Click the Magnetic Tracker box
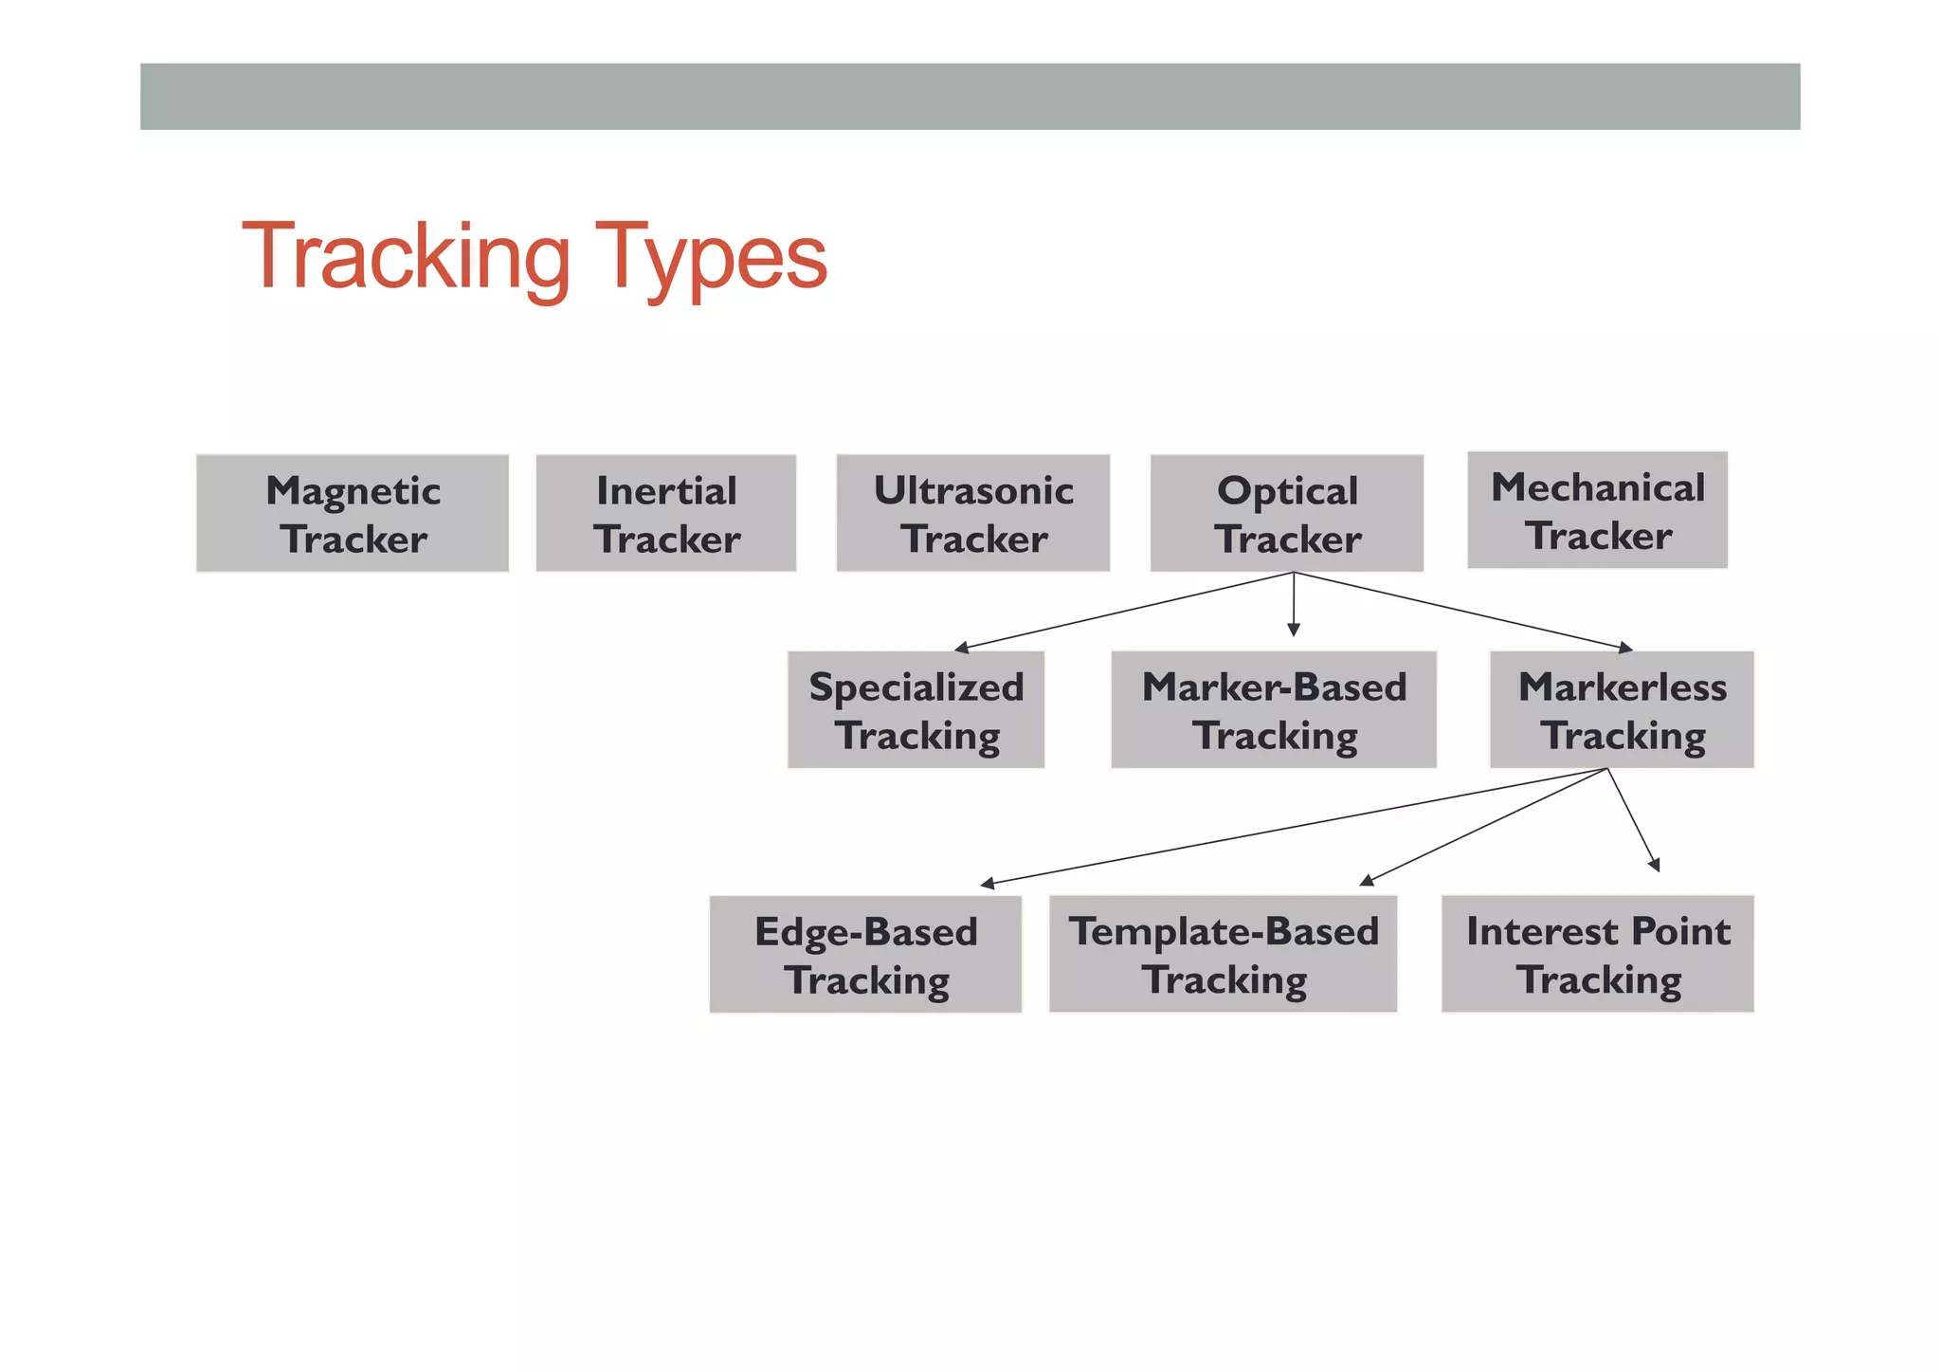[353, 513]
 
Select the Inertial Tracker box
[665, 513]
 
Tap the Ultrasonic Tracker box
[972, 513]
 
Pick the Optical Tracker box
[1286, 513]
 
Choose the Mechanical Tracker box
[1597, 510]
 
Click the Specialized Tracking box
[916, 709]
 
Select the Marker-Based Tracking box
[1273, 709]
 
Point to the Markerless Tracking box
[1621, 709]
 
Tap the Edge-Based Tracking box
[865, 954]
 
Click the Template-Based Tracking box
[1223, 954]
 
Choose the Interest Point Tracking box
[1597, 954]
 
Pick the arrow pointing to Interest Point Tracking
[1633, 819]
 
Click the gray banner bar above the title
[970, 97]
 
